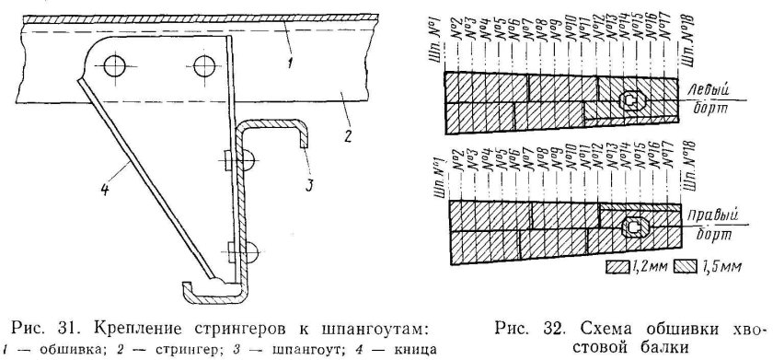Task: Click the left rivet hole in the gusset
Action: (114, 65)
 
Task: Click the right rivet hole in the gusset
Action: (204, 65)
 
